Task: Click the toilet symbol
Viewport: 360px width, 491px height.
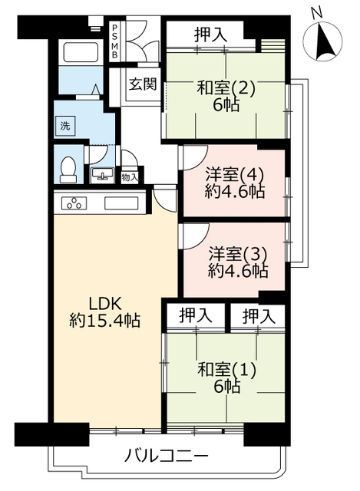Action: (x=68, y=170)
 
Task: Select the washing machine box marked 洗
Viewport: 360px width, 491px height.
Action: (x=65, y=126)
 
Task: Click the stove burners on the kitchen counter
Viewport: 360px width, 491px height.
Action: (x=74, y=203)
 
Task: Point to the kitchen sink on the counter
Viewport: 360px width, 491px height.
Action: (x=121, y=203)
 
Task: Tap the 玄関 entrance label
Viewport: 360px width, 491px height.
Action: (x=143, y=84)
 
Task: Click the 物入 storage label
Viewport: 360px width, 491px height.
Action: (x=130, y=177)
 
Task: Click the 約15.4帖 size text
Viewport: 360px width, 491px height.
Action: (x=104, y=321)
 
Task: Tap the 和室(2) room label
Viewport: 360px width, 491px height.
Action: (x=226, y=88)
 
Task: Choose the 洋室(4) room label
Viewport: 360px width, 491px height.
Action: (x=234, y=176)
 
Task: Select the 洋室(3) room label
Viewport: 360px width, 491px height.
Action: (x=238, y=255)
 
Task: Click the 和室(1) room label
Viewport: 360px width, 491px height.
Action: (x=227, y=370)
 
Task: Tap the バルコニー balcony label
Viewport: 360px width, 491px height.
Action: (x=166, y=456)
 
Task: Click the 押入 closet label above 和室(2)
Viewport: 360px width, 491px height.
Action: (x=210, y=35)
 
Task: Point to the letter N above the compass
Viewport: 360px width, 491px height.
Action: (x=317, y=13)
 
